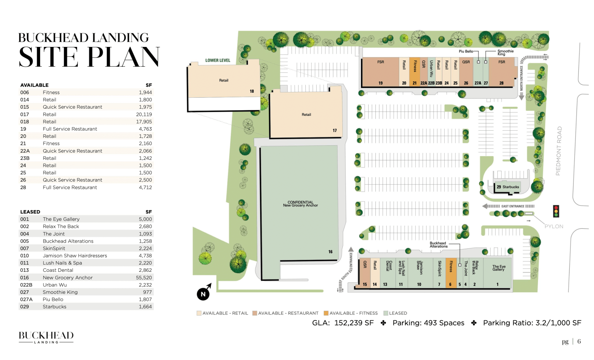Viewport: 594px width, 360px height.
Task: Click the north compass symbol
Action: pyautogui.click(x=203, y=293)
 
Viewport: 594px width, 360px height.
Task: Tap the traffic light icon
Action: pyautogui.click(x=556, y=211)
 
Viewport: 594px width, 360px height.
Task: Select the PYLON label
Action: pyautogui.click(x=553, y=226)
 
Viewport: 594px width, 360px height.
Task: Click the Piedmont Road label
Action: pyautogui.click(x=559, y=151)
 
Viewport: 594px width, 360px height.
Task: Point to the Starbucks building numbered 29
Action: pyautogui.click(x=508, y=187)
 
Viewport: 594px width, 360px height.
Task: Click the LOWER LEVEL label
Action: pyautogui.click(x=217, y=60)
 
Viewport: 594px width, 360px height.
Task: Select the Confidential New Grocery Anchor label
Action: pyautogui.click(x=300, y=204)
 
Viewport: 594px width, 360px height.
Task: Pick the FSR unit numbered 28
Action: pyautogui.click(x=502, y=72)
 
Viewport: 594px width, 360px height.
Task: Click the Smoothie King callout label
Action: pyautogui.click(x=505, y=53)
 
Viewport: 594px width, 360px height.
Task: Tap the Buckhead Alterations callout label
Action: pyautogui.click(x=438, y=245)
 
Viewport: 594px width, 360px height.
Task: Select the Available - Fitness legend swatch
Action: pyautogui.click(x=326, y=313)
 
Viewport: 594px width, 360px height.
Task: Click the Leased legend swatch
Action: pyautogui.click(x=386, y=313)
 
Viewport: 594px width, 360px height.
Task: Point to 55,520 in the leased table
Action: pyautogui.click(x=144, y=277)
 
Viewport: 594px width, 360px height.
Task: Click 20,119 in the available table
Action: pyautogui.click(x=144, y=114)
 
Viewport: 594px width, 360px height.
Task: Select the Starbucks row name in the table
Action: pyautogui.click(x=55, y=307)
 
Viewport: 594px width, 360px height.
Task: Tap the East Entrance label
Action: pyautogui.click(x=513, y=206)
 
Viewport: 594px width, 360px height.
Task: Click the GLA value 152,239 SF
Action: pyautogui.click(x=354, y=323)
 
